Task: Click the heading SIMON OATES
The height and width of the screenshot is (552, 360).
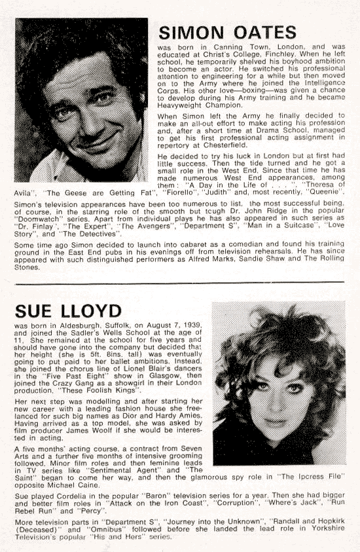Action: coord(228,32)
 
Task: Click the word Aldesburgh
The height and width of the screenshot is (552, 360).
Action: coord(72,325)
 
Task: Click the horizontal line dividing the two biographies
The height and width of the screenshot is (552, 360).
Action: coord(180,282)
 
